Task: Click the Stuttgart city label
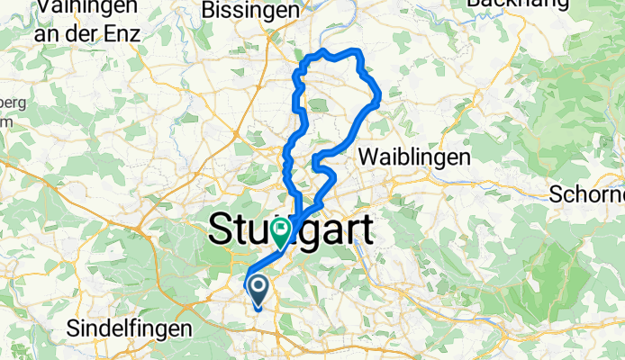pyautogui.click(x=291, y=229)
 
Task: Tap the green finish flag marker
pyautogui.click(x=281, y=232)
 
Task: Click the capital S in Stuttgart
pyautogui.click(x=220, y=229)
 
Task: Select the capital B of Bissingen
pyautogui.click(x=211, y=11)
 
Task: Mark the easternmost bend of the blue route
pyautogui.click(x=380, y=94)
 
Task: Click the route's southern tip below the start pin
pyautogui.click(x=258, y=309)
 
